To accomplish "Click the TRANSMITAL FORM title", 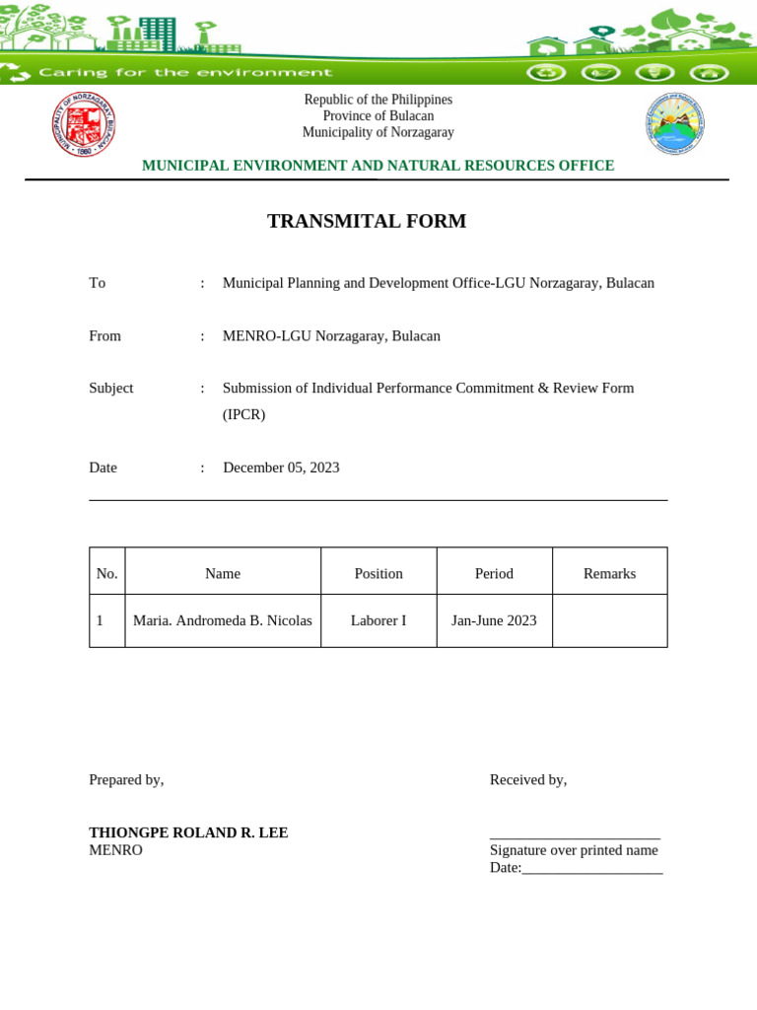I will tap(367, 221).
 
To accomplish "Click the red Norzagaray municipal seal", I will tap(84, 124).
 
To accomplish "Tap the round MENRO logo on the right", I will tap(675, 124).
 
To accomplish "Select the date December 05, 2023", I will tap(281, 468).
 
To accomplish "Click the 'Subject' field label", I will tap(111, 389).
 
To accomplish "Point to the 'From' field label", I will tap(105, 336).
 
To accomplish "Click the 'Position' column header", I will tap(378, 573).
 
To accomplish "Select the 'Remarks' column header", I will tap(609, 573).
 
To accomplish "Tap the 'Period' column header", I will tap(494, 573).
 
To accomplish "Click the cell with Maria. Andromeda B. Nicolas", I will tap(223, 620).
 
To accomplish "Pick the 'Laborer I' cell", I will tap(378, 620).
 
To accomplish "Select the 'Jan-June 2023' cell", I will tap(494, 620).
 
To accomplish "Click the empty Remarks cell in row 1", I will tap(609, 620).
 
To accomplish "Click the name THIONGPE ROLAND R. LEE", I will tap(188, 832).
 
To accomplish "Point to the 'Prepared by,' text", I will tap(126, 780).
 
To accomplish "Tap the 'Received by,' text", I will tap(528, 780).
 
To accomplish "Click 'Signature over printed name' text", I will tap(574, 850).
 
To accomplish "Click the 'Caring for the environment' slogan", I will tap(185, 72).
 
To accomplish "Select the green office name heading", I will tap(378, 166).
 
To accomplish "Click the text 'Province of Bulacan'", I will tap(378, 116).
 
